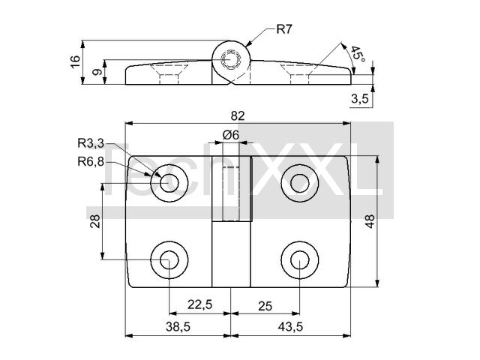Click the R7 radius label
pos(284,29)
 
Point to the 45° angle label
pos(358,55)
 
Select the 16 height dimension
pos(75,61)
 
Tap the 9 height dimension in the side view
pos(97,72)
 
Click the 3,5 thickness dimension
pos(360,98)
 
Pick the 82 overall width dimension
pos(238,116)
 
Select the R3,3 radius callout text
pos(91,143)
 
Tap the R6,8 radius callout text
pos(91,161)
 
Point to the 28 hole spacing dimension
pos(95,221)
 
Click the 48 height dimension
pos(370,221)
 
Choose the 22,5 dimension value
pos(200,304)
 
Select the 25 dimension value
pos(265,306)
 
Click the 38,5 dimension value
pos(178,327)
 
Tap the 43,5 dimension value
pos(290,327)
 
